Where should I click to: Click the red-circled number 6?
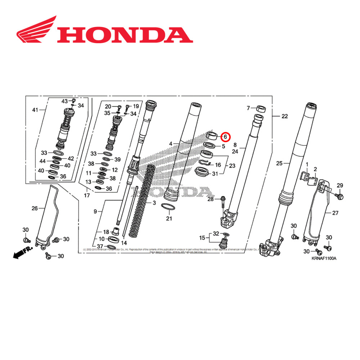click(225, 137)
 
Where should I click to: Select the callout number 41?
click(35, 109)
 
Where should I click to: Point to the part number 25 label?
click(279, 163)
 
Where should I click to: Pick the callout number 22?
click(285, 116)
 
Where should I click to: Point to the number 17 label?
click(86, 196)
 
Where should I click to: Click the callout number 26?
click(35, 208)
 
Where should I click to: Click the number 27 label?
click(335, 213)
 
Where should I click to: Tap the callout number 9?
click(95, 212)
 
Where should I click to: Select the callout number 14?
click(124, 243)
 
